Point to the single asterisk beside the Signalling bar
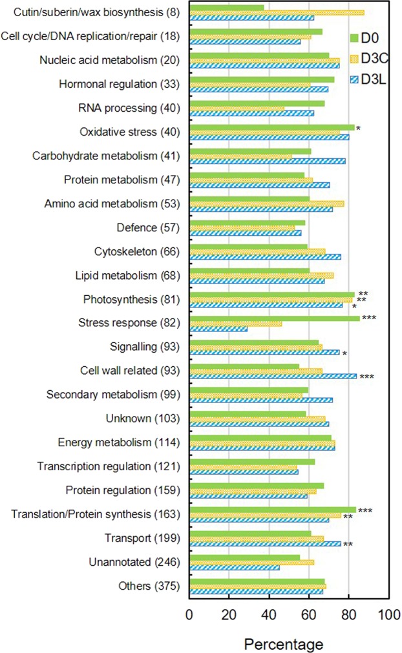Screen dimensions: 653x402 pyautogui.click(x=345, y=354)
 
